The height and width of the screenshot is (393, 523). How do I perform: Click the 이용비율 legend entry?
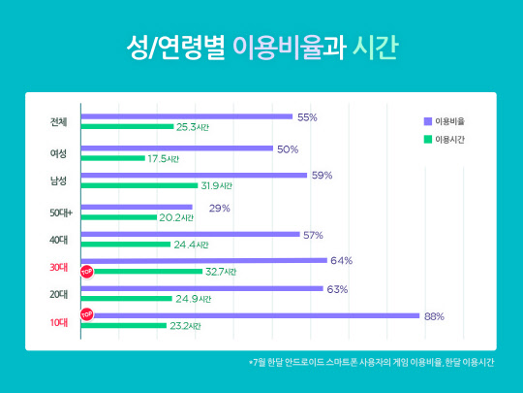pyautogui.click(x=452, y=121)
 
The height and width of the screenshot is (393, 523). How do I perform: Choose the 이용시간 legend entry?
pyautogui.click(x=452, y=140)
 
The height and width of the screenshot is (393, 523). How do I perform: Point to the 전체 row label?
pyautogui.click(x=59, y=122)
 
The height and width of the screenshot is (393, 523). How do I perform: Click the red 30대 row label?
pyautogui.click(x=59, y=266)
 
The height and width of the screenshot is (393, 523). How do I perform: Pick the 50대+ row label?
pyautogui.click(x=61, y=209)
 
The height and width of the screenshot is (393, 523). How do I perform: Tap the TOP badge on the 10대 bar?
pyautogui.click(x=86, y=314)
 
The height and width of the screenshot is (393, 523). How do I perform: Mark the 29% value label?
pyautogui.click(x=219, y=208)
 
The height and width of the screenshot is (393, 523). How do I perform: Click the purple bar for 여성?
pyautogui.click(x=176, y=148)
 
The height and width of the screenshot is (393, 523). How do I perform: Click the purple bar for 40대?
pyautogui.click(x=190, y=234)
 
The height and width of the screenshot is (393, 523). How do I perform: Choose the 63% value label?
pyautogui.click(x=337, y=288)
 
